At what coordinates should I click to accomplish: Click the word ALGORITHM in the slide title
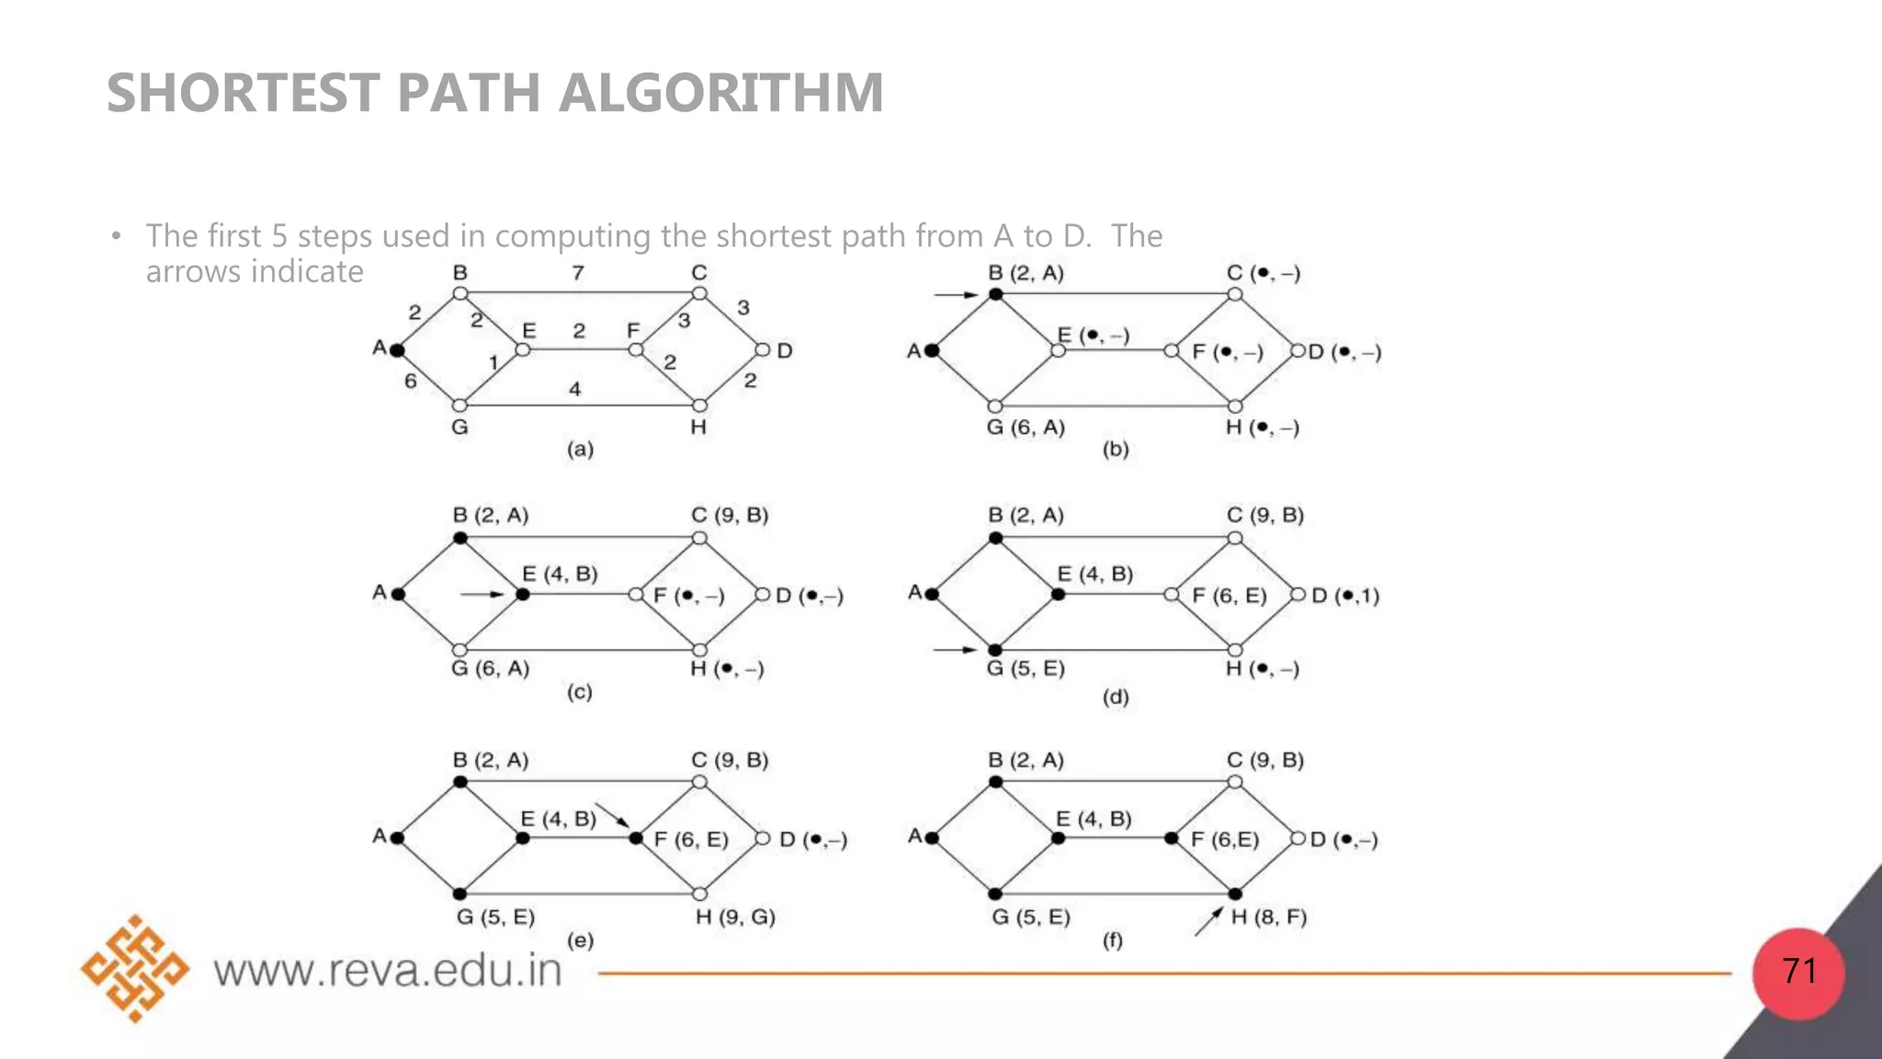tap(720, 93)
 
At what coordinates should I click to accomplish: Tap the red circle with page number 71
tap(1798, 973)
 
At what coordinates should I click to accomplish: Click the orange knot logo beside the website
tap(135, 968)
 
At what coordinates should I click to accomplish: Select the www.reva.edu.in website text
tap(387, 971)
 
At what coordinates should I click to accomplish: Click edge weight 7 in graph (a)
tap(578, 273)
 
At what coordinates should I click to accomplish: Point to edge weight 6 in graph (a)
tap(411, 381)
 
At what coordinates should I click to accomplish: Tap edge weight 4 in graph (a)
tap(575, 389)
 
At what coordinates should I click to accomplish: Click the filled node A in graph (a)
tap(397, 350)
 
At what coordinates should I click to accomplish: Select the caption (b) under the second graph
tap(1116, 450)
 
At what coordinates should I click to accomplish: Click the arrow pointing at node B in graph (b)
tap(957, 294)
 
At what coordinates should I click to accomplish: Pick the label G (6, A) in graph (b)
tap(1026, 427)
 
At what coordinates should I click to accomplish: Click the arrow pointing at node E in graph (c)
tap(482, 594)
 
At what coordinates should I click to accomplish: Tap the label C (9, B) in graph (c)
tap(730, 515)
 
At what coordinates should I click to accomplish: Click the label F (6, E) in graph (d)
tap(1229, 596)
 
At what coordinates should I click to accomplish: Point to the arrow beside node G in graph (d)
tap(956, 649)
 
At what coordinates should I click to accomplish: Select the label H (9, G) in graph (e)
tap(735, 917)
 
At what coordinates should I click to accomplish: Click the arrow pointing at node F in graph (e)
tap(612, 815)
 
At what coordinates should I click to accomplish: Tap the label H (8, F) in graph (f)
tap(1268, 917)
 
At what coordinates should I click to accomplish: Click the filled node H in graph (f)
tap(1235, 894)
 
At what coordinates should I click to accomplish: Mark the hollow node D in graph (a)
tap(762, 350)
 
